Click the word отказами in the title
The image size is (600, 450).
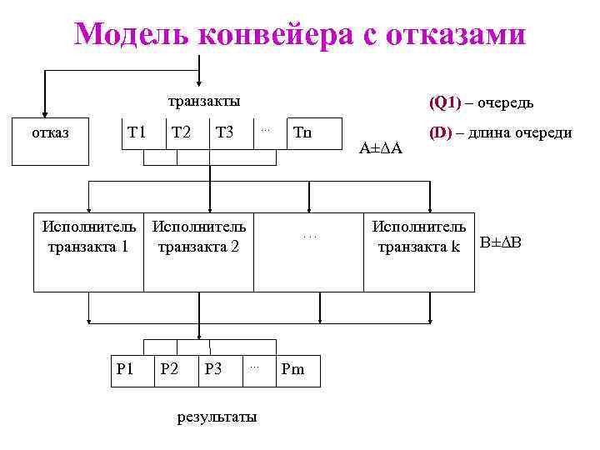pyautogui.click(x=449, y=34)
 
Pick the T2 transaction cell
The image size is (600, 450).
pyautogui.click(x=181, y=132)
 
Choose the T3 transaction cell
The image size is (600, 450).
pyautogui.click(x=225, y=132)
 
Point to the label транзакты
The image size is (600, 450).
pyautogui.click(x=203, y=102)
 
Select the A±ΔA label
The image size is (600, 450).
pyautogui.click(x=380, y=148)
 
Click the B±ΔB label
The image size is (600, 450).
pyautogui.click(x=501, y=243)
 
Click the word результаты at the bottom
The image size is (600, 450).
pyautogui.click(x=217, y=417)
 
